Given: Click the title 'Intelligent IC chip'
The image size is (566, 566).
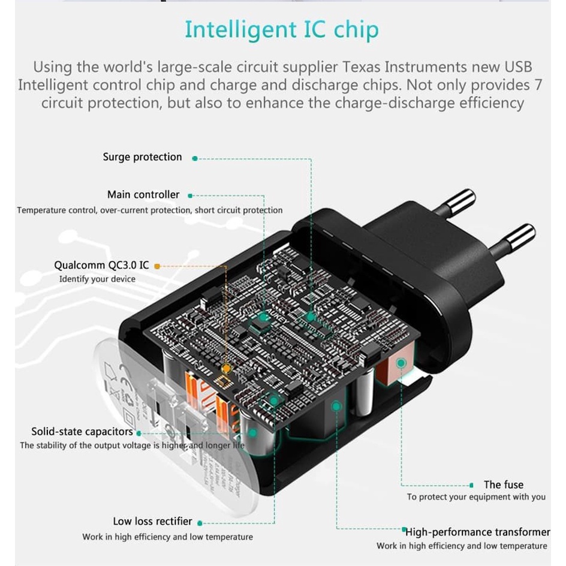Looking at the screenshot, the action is coord(281,30).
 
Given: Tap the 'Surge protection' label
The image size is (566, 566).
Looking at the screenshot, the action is coord(142,157).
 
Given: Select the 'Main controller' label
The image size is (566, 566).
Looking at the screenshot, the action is coord(143,195).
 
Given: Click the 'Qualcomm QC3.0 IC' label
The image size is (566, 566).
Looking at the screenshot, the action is coord(101,265).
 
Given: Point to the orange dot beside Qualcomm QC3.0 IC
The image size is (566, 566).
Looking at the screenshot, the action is coord(157,266).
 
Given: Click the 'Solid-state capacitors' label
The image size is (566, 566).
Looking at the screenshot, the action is coord(82,432).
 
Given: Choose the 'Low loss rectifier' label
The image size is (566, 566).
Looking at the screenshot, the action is coord(152,522).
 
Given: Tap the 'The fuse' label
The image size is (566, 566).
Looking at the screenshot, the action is coord(503,484).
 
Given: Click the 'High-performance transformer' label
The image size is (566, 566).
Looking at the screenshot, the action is coord(478,532).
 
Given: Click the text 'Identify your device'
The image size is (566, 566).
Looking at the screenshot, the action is coord(97,279).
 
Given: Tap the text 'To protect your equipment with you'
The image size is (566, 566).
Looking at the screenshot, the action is coord(476,496).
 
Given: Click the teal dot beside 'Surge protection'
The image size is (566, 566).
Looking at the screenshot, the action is coord(195,158).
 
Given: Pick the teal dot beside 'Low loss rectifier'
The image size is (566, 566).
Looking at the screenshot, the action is coord(200,523).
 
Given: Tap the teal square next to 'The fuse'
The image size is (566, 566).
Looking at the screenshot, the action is coord(471,484).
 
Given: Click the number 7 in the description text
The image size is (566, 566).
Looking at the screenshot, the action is coord(538,85).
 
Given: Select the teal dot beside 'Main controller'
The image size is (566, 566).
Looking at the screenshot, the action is coord(190,195).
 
